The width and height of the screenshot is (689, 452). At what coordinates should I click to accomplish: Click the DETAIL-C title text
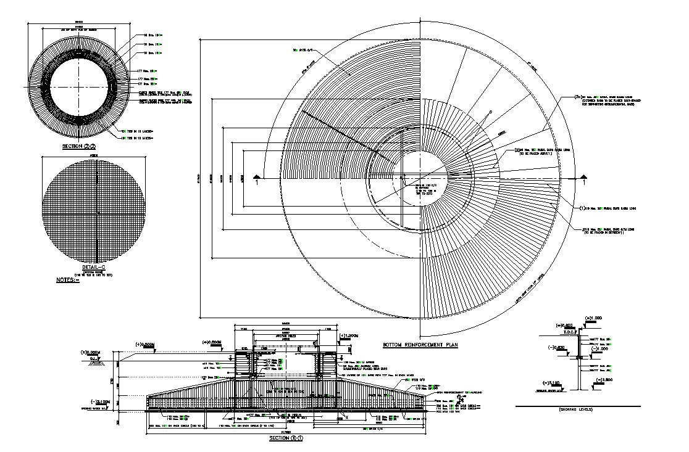click(x=94, y=268)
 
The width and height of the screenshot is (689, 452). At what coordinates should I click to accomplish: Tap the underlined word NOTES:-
click(x=69, y=280)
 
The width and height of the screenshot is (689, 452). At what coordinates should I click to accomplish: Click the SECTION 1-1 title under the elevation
click(x=286, y=438)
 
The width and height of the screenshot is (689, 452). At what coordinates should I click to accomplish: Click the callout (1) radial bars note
click(x=583, y=209)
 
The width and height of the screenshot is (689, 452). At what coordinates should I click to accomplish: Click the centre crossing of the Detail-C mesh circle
click(x=98, y=212)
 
